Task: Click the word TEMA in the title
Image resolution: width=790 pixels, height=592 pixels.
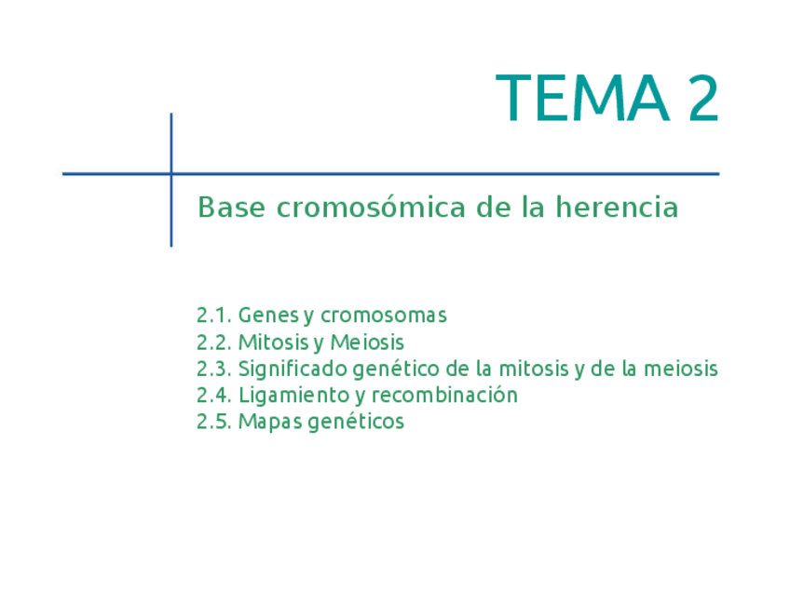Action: [583, 98]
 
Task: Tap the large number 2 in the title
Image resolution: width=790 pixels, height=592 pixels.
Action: [703, 98]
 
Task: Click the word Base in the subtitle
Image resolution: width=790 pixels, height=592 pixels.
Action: [231, 207]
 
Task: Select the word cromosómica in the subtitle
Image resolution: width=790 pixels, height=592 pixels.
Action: [371, 207]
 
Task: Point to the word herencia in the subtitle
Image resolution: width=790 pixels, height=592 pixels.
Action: [617, 207]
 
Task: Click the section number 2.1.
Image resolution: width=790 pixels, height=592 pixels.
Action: [214, 316]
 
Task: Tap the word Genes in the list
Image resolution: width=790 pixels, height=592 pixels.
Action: [269, 316]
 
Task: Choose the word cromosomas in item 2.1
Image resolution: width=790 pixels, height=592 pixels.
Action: [384, 316]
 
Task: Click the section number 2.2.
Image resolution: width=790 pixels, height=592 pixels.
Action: [214, 343]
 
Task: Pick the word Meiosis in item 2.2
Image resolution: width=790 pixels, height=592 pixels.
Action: [367, 343]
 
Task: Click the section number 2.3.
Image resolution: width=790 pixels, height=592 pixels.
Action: [214, 369]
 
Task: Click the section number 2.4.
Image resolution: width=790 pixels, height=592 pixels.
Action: [214, 396]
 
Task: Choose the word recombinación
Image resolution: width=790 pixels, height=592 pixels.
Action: [444, 395]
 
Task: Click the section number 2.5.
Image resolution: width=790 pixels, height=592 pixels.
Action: [214, 422]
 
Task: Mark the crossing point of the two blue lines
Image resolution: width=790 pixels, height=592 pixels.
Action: [171, 174]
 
